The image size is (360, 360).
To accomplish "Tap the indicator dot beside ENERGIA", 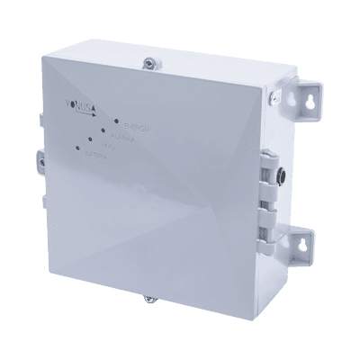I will pyautogui.click(x=116, y=120).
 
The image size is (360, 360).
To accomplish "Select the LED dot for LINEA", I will pyautogui.click(x=91, y=139).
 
